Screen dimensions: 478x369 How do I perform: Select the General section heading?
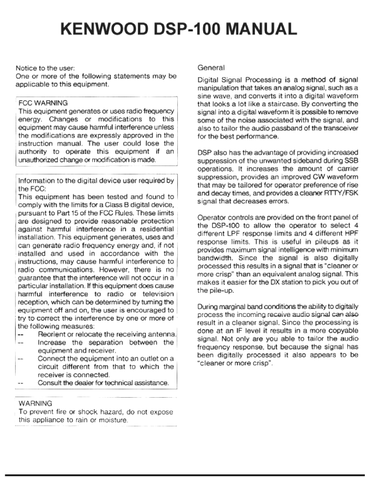(x=211, y=69)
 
